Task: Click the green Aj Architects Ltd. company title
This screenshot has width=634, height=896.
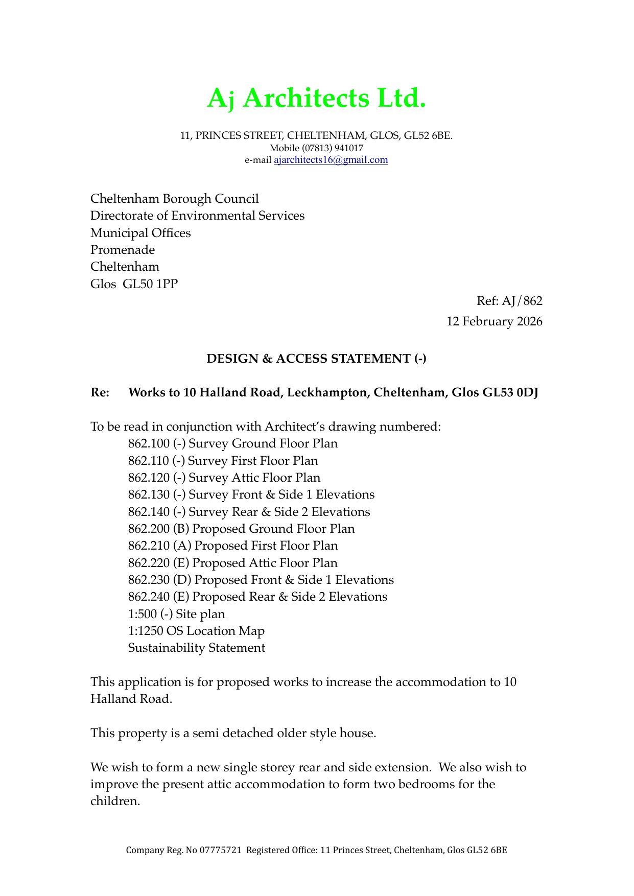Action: pyautogui.click(x=316, y=98)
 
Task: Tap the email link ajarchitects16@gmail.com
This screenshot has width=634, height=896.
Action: pyautogui.click(x=331, y=160)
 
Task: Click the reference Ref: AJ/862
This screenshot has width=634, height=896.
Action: pyautogui.click(x=509, y=301)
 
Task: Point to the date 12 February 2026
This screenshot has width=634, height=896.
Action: pyautogui.click(x=494, y=321)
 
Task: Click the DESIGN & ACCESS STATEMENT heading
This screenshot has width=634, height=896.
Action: pyautogui.click(x=316, y=359)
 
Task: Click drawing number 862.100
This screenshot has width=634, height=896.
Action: pyautogui.click(x=148, y=443)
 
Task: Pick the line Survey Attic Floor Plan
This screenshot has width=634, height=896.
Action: pyautogui.click(x=254, y=478)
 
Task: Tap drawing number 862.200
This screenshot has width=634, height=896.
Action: pyautogui.click(x=148, y=529)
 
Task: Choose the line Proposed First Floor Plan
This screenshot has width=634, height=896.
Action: pyautogui.click(x=266, y=546)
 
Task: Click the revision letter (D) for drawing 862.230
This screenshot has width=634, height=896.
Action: pyautogui.click(x=182, y=580)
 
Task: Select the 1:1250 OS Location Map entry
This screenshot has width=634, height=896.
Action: pyautogui.click(x=196, y=631)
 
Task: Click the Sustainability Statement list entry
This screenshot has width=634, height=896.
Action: pyautogui.click(x=196, y=648)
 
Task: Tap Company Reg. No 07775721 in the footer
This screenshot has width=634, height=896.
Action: pyautogui.click(x=183, y=850)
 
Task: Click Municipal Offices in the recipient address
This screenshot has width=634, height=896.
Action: pyautogui.click(x=140, y=233)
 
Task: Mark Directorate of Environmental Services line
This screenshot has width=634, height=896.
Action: pyautogui.click(x=197, y=216)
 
